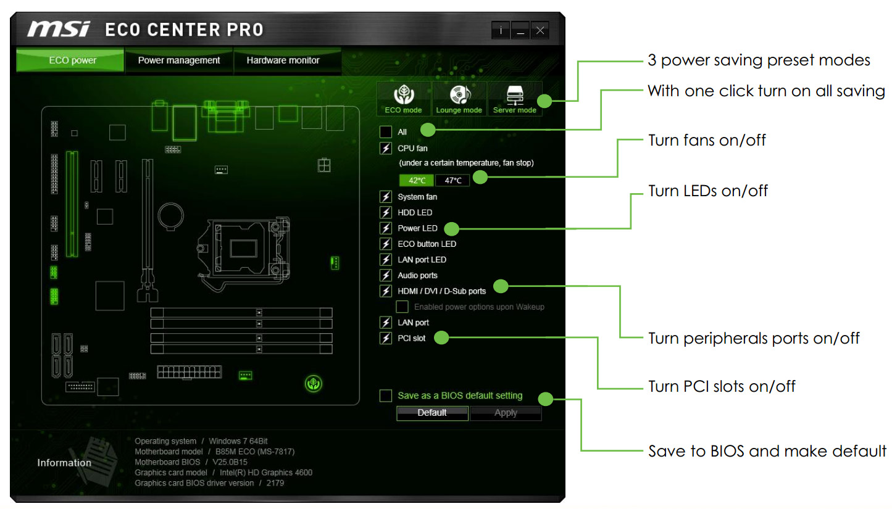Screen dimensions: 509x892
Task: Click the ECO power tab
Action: pos(72,60)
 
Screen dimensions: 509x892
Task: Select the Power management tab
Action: pos(179,60)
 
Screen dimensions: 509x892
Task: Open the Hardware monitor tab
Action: pos(283,60)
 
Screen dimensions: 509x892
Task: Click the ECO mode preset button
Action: pos(403,99)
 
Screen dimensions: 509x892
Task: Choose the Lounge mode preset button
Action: pos(459,99)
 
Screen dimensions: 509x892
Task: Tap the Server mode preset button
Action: pos(514,99)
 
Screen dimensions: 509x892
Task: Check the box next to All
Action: pos(386,132)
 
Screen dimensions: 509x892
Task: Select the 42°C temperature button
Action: pos(416,180)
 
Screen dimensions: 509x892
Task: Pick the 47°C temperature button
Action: pos(452,180)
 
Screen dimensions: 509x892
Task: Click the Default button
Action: pos(432,413)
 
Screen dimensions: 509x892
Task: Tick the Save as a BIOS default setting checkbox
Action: pos(386,395)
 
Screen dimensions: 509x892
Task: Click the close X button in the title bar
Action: pos(540,30)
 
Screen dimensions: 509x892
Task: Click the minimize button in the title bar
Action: pos(520,30)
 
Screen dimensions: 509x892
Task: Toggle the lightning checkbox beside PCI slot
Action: pos(386,338)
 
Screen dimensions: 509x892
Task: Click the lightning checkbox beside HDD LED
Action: pos(386,212)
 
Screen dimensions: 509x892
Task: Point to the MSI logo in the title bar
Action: pos(59,29)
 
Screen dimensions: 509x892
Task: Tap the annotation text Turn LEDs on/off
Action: pos(707,191)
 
